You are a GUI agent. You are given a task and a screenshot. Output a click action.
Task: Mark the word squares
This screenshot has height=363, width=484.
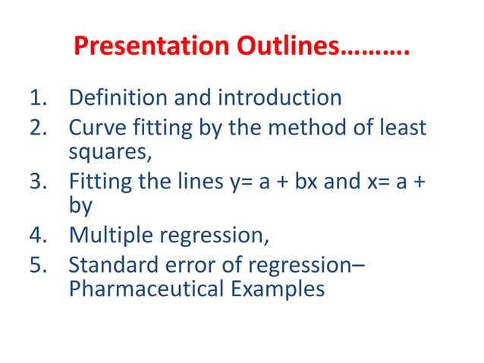point(108,151)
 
